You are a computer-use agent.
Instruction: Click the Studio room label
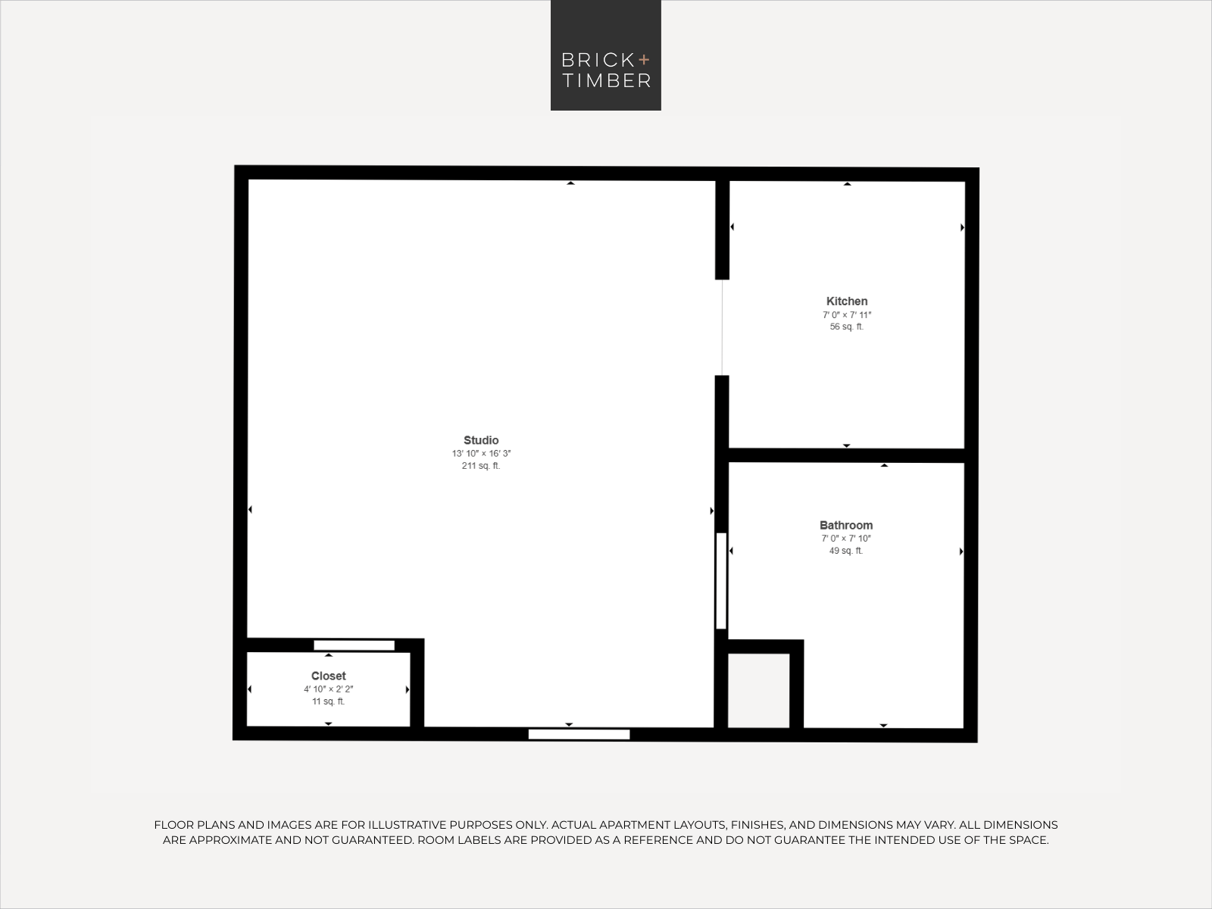click(x=481, y=440)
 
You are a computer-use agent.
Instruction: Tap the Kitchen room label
click(x=847, y=301)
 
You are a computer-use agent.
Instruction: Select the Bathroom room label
click(x=846, y=525)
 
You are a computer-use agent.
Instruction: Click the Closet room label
click(x=328, y=676)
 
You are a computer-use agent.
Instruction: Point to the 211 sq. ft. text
click(x=481, y=466)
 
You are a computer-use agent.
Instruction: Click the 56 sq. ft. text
click(x=847, y=327)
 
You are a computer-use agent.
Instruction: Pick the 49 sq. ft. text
click(x=846, y=551)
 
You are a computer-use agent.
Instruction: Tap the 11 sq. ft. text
click(x=328, y=701)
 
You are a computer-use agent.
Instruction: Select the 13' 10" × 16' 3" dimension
click(x=481, y=454)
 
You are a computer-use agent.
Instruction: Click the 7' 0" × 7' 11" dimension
click(x=847, y=315)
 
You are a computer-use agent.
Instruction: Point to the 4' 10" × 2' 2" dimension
click(x=328, y=689)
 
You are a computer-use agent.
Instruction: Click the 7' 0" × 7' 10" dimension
click(x=846, y=539)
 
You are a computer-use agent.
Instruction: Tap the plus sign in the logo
click(x=644, y=58)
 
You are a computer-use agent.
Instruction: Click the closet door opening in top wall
click(x=354, y=645)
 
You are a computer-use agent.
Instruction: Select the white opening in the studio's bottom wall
click(x=579, y=734)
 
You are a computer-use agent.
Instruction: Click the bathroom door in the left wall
click(x=721, y=581)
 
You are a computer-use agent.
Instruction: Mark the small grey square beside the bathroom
click(x=758, y=690)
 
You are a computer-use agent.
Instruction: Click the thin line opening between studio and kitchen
click(x=722, y=327)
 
